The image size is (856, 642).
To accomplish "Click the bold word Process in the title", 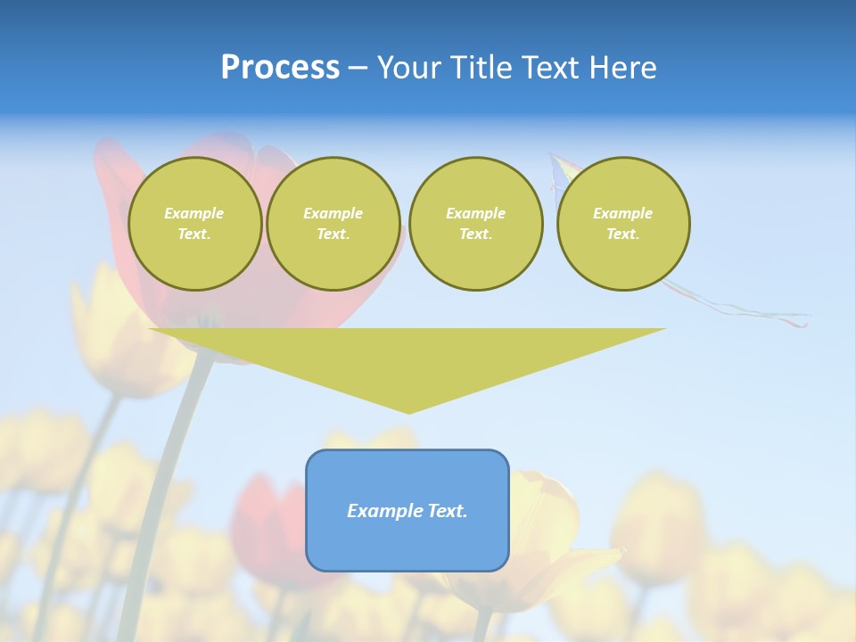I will click(280, 68).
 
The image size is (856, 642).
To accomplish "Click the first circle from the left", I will click(194, 224).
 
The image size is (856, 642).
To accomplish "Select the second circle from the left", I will click(333, 224).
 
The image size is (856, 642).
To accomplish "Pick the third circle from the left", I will click(476, 224).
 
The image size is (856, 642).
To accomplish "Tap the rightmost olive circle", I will click(623, 224).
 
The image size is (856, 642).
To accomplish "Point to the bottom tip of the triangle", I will click(408, 412).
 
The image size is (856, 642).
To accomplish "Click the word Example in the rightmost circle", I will click(623, 213).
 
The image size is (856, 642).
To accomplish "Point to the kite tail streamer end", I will click(805, 323).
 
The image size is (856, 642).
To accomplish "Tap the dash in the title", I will click(358, 68).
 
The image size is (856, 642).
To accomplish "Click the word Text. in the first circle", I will click(194, 235).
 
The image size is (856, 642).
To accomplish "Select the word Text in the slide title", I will click(548, 68).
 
